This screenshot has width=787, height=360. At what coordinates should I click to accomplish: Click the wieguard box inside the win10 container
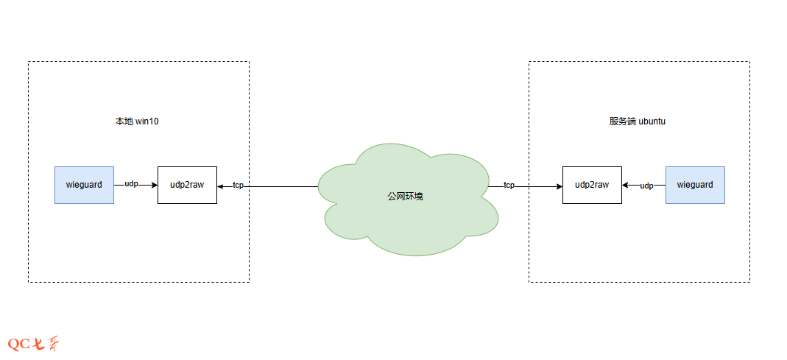(x=84, y=185)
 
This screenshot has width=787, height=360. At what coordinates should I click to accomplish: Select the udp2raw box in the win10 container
(x=187, y=185)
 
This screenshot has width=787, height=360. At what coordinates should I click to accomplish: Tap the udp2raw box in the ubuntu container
(x=592, y=185)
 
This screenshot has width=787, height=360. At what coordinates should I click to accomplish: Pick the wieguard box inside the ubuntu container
(x=695, y=185)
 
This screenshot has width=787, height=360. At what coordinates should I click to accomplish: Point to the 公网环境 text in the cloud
(x=406, y=197)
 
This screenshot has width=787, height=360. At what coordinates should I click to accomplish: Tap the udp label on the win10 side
(x=131, y=183)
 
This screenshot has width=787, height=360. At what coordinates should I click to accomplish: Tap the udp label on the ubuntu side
(x=646, y=186)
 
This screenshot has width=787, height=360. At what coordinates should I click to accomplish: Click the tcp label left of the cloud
(x=238, y=186)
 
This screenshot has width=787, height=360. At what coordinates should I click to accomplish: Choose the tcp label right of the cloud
(x=509, y=186)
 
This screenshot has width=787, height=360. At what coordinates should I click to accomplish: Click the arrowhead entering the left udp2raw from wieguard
(x=154, y=185)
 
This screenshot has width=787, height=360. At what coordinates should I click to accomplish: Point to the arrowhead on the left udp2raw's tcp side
(x=221, y=186)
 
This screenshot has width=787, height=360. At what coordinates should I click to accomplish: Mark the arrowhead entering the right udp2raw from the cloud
(x=559, y=186)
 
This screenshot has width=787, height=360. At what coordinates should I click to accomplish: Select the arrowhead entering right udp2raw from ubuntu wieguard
(x=626, y=186)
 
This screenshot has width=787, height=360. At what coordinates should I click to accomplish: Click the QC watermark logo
(x=33, y=344)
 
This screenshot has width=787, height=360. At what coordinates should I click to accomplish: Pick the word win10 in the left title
(x=147, y=121)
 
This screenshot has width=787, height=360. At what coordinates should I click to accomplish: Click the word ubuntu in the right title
(x=652, y=121)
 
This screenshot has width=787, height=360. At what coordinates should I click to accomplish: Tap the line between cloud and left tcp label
(x=283, y=186)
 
